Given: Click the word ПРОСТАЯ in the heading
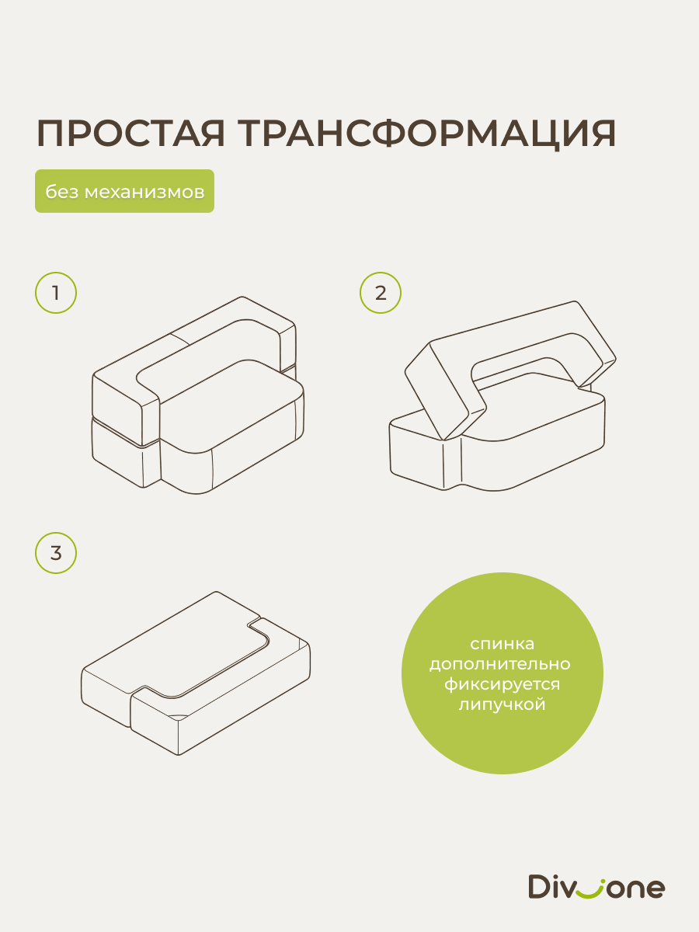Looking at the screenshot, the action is pyautogui.click(x=130, y=134).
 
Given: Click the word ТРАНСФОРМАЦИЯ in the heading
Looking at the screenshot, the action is pyautogui.click(x=427, y=134).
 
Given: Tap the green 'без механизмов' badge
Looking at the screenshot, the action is pyautogui.click(x=124, y=191).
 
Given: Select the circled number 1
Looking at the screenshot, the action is pyautogui.click(x=56, y=293).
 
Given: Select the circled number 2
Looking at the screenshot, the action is pyautogui.click(x=381, y=293).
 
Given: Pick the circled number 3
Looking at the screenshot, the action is pyautogui.click(x=56, y=553).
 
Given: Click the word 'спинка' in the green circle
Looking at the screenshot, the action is pyautogui.click(x=502, y=644).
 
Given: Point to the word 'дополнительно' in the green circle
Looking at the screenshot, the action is pyautogui.click(x=500, y=664).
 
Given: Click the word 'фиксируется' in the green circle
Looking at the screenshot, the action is pyautogui.click(x=502, y=685).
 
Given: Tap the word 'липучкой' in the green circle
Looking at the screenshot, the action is pyautogui.click(x=502, y=704).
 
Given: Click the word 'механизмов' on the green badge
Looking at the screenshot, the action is pyautogui.click(x=144, y=192).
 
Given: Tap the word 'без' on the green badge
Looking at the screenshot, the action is pyautogui.click(x=62, y=192).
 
